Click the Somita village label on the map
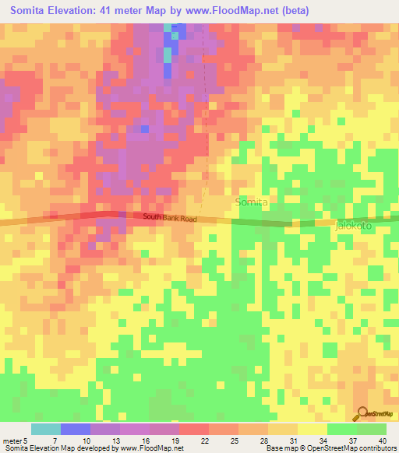[x=251, y=202]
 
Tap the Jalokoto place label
[x=355, y=224]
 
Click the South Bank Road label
[x=170, y=219]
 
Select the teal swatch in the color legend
[x=46, y=429]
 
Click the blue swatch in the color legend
[x=76, y=429]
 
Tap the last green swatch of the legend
[x=372, y=429]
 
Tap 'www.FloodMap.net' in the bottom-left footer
[x=151, y=448]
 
